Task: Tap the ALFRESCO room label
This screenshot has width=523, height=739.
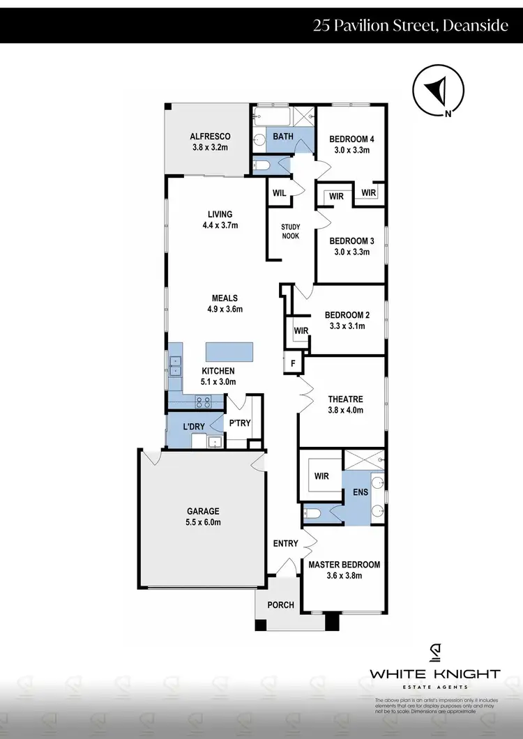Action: [x=210, y=142]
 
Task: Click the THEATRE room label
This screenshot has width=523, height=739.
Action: [x=345, y=404]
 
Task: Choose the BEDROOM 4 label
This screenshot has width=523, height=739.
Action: [x=351, y=144]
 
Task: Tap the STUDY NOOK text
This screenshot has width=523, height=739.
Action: [x=290, y=231]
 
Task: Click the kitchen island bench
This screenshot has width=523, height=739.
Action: [x=229, y=351]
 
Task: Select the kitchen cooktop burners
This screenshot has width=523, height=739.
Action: [x=204, y=402]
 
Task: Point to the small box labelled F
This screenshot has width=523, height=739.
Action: [x=293, y=363]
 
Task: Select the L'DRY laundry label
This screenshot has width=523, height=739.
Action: [x=193, y=426]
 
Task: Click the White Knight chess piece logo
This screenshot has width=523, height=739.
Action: [x=434, y=653]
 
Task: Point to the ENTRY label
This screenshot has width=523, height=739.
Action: [x=285, y=544]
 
